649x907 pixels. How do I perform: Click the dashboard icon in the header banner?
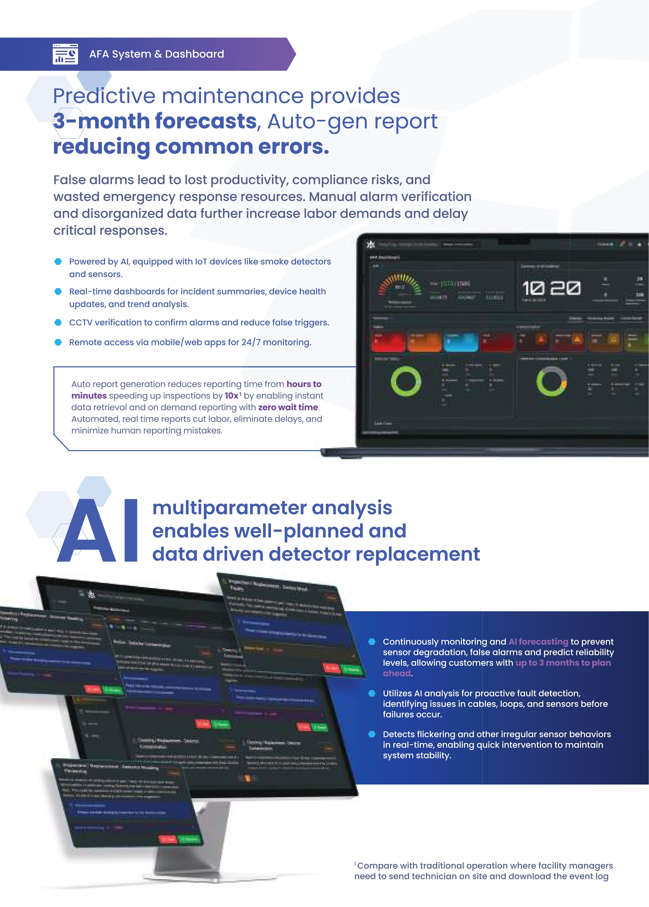65,54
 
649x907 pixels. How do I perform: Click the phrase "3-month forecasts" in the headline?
155,121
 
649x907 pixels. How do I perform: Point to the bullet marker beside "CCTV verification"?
58,323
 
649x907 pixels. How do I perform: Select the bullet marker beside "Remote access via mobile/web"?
58,342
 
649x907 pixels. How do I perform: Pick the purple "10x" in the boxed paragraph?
232,396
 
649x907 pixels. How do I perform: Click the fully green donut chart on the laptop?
406,381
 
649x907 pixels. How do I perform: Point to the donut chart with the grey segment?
552,382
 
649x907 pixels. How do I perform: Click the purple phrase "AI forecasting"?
538,642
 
